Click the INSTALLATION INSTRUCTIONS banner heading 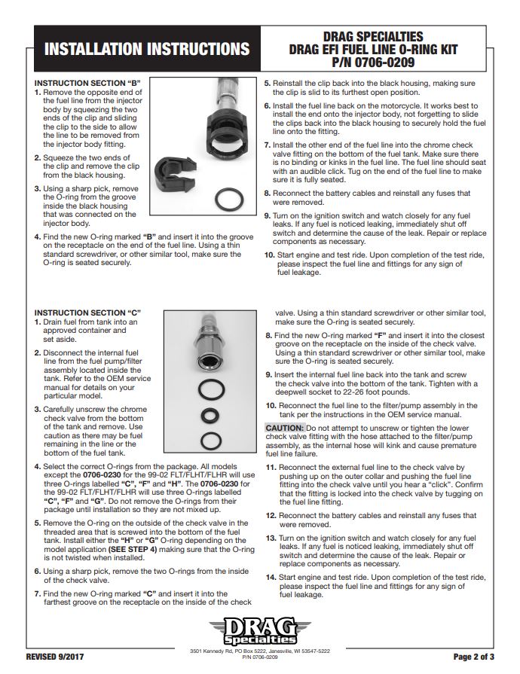(147, 50)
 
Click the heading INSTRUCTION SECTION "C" (88, 313)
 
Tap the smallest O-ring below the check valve (209, 415)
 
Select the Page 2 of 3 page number (474, 656)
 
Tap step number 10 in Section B (269, 255)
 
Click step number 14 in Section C (271, 577)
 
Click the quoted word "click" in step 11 (442, 485)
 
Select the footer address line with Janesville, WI (261, 651)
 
